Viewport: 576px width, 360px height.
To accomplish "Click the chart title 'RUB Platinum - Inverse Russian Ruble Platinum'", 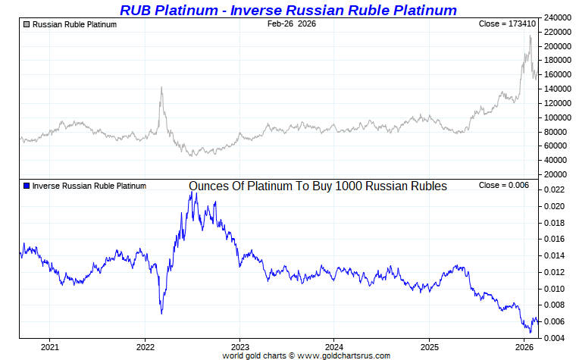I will pyautogui.click(x=288, y=10).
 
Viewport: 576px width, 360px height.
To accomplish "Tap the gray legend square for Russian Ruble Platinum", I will pyautogui.click(x=27, y=24).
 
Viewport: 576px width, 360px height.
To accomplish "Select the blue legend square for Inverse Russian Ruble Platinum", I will pyautogui.click(x=27, y=186).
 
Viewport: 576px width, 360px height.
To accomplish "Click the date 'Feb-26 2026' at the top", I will pyautogui.click(x=292, y=24).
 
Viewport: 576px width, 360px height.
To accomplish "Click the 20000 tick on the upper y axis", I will pyautogui.click(x=558, y=174).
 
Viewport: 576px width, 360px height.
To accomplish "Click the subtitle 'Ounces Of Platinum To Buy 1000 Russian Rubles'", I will pyautogui.click(x=318, y=186).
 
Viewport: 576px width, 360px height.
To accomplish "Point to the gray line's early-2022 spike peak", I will pyautogui.click(x=161, y=87).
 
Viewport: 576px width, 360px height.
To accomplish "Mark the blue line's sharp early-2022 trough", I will pyautogui.click(x=161, y=313).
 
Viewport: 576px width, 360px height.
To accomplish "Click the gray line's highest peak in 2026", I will pyautogui.click(x=530, y=36).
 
